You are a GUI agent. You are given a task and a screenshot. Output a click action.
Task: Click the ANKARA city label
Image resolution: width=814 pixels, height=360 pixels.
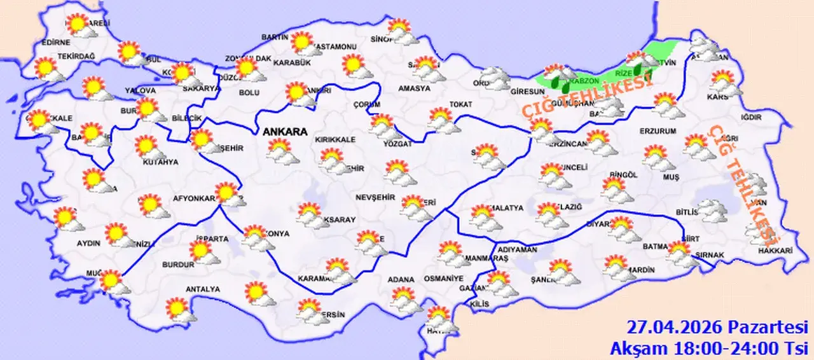[284, 132]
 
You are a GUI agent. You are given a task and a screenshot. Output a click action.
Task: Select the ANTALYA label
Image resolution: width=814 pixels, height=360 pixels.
[202, 289]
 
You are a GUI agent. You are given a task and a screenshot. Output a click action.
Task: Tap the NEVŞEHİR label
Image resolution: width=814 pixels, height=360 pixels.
[372, 197]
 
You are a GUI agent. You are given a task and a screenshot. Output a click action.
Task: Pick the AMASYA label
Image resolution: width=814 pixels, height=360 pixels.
[414, 88]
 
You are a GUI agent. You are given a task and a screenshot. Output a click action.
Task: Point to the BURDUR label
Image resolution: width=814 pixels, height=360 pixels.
[178, 264]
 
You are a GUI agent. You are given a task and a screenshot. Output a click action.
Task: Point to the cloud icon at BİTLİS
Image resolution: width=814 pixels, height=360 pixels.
[710, 211]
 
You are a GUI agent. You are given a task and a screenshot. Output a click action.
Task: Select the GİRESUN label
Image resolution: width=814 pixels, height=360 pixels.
[524, 91]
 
